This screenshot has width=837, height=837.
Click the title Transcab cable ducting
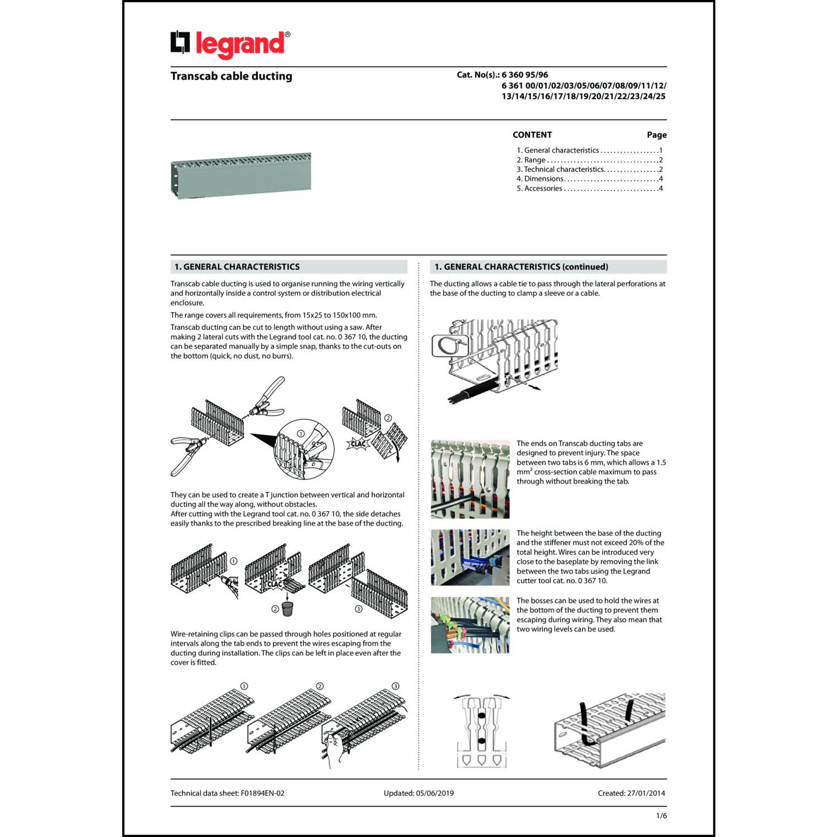pyautogui.click(x=231, y=76)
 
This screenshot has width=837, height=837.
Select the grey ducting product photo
pyautogui.click(x=240, y=175)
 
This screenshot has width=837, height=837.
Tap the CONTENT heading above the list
pyautogui.click(x=532, y=135)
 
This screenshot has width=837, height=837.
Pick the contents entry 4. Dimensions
pyautogui.click(x=543, y=179)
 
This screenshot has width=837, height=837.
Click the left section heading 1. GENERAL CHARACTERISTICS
pyautogui.click(x=237, y=267)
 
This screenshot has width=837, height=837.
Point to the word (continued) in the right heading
pyautogui.click(x=585, y=267)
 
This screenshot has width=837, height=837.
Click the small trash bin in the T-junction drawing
pyautogui.click(x=287, y=609)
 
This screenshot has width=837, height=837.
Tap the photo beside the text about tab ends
pyautogui.click(x=470, y=479)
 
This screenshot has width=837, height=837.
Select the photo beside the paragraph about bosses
pyautogui.click(x=470, y=625)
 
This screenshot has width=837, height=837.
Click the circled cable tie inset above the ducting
pyautogui.click(x=449, y=345)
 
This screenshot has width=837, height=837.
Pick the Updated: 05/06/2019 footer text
pyautogui.click(x=419, y=793)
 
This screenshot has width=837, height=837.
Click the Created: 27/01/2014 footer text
pyautogui.click(x=631, y=793)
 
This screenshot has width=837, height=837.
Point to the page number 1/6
pyautogui.click(x=661, y=816)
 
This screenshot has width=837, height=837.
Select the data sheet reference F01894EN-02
pyautogui.click(x=262, y=793)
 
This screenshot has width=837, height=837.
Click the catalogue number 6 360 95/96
pyautogui.click(x=525, y=75)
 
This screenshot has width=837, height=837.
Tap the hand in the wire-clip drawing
pyautogui.click(x=335, y=748)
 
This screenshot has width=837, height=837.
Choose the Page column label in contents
pyautogui.click(x=656, y=135)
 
